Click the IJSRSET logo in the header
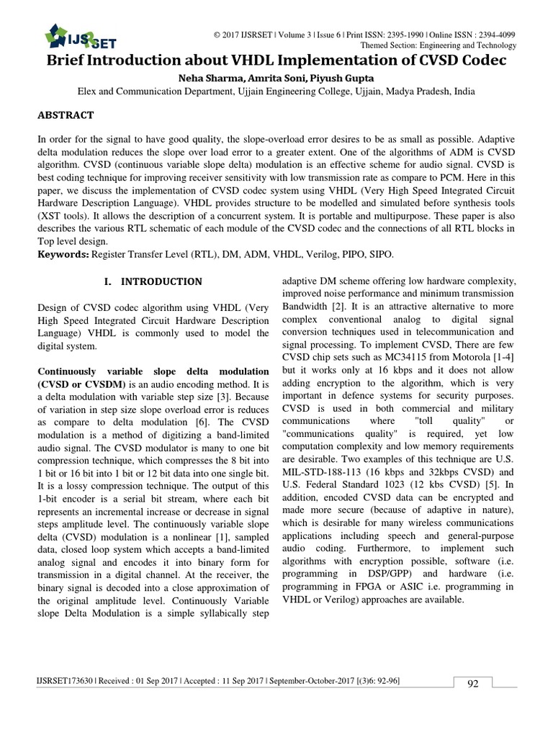pos(79,35)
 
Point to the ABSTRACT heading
pos(66,115)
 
